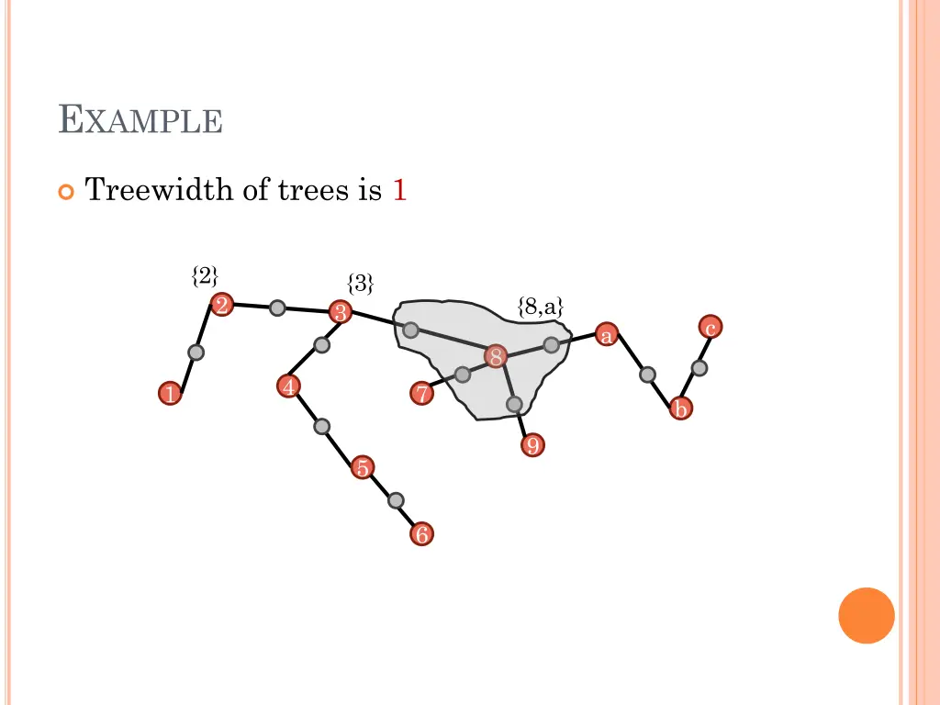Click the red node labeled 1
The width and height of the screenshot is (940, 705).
(169, 395)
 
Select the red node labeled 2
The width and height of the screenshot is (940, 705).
(221, 306)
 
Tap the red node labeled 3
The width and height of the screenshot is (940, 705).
(341, 313)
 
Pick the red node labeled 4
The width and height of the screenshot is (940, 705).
(289, 387)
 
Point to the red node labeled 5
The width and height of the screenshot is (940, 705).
(363, 468)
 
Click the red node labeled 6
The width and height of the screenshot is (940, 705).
(421, 533)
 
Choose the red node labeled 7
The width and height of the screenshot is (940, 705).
(421, 395)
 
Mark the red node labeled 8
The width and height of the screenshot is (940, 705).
(496, 357)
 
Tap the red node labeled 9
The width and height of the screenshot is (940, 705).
(532, 446)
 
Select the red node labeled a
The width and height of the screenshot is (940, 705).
(606, 335)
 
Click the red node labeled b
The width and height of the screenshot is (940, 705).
(680, 408)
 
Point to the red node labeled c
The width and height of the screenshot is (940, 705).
(710, 327)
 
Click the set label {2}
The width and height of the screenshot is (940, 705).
(205, 275)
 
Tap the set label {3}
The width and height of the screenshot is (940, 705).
(360, 284)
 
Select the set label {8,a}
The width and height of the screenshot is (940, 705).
(540, 307)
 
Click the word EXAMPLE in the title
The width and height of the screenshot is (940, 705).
(140, 120)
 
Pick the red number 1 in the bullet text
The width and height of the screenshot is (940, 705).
(399, 191)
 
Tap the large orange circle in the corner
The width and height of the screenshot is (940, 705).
(866, 615)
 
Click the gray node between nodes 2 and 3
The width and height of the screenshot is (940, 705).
(277, 308)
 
